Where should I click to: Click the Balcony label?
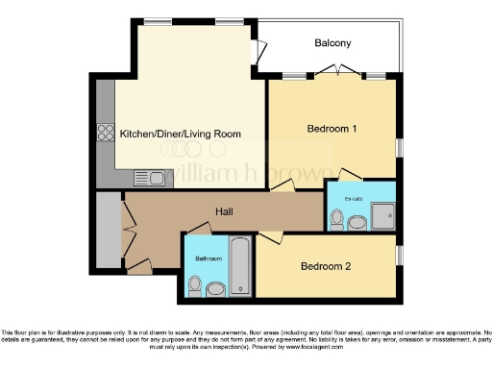coord(332,43)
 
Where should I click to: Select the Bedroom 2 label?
coord(325,266)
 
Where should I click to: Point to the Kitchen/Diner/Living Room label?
coord(180,134)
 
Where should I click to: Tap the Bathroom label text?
coord(209,258)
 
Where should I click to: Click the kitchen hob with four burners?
coord(104,134)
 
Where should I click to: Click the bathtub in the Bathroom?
coord(240,265)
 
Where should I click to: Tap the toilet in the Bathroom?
coord(195,284)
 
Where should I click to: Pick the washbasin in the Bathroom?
coord(216,287)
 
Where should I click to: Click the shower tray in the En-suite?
coord(381,215)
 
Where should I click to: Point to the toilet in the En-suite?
coord(335,220)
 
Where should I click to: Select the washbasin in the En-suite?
coord(357,223)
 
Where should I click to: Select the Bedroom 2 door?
coord(272,235)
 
